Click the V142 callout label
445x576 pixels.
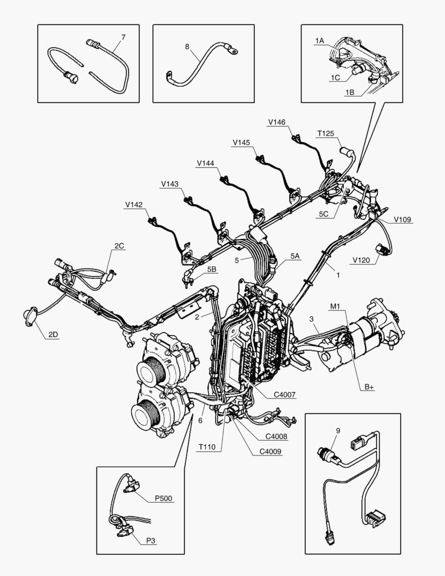point(134,204)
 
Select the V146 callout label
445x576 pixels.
point(277,122)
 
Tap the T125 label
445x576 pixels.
point(325,133)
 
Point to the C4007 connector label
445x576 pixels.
point(285,395)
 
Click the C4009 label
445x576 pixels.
point(270,451)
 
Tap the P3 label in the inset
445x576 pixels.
point(151,540)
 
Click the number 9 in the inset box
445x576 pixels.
point(338,430)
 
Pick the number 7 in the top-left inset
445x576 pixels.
point(123,37)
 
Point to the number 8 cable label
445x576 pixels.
point(187,46)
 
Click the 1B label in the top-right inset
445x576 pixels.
point(350,92)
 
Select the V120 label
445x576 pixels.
point(361,261)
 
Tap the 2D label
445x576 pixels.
point(53,334)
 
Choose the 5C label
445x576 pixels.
point(323,214)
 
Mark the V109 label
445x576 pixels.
point(402,219)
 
